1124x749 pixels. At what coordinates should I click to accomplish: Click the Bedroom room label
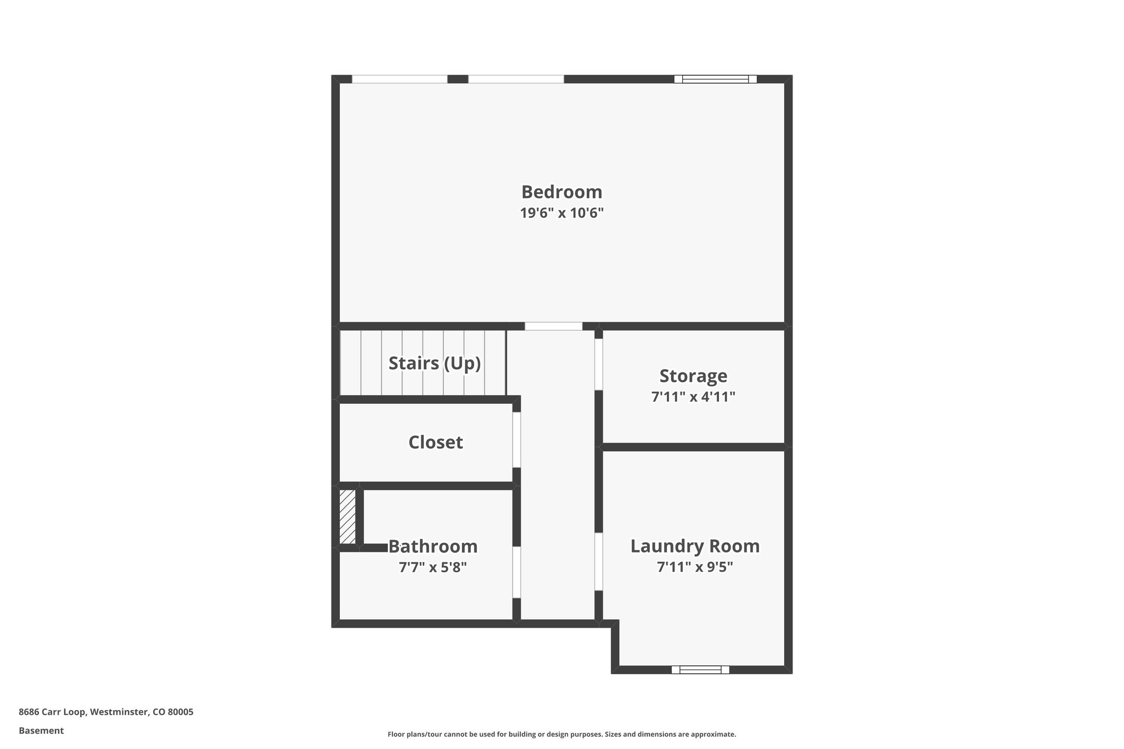(x=561, y=192)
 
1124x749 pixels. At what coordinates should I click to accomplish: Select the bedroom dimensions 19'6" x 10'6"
(x=561, y=213)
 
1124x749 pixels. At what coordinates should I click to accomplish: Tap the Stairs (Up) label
(x=435, y=363)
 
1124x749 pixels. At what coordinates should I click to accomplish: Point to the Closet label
(x=435, y=442)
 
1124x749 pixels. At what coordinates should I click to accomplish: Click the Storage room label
(x=693, y=376)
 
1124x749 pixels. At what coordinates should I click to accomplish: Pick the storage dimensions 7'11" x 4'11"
(x=693, y=397)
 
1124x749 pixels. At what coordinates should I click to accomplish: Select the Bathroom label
(x=433, y=547)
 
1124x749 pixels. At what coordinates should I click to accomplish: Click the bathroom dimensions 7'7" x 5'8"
(x=433, y=567)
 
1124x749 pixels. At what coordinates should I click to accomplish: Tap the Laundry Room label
(x=695, y=546)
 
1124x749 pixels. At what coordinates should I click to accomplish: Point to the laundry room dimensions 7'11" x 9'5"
(x=695, y=567)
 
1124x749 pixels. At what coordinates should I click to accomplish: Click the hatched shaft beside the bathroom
(x=347, y=516)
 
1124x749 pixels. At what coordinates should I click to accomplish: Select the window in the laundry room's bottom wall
(x=700, y=669)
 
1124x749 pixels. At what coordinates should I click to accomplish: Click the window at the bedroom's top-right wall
(x=715, y=79)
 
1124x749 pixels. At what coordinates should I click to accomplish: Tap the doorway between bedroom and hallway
(x=553, y=326)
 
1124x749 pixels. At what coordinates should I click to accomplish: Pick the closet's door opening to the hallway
(x=516, y=440)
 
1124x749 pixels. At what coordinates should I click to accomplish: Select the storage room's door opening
(x=599, y=364)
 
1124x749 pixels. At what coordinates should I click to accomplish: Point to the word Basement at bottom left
(x=41, y=731)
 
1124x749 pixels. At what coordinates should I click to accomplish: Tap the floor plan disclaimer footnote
(x=561, y=734)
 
